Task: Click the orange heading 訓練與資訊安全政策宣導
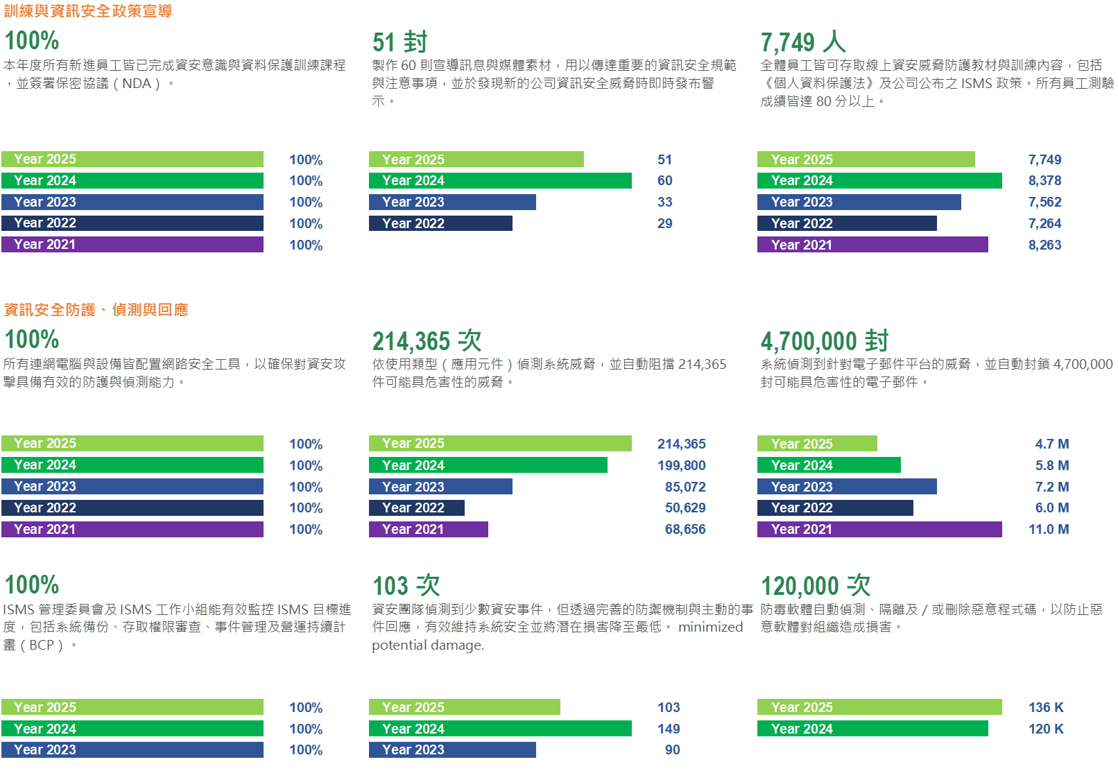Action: [x=88, y=11]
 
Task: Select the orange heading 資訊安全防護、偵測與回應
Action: [x=96, y=309]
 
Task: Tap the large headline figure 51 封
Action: [x=399, y=42]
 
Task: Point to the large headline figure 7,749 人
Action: [x=802, y=42]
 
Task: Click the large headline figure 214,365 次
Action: [x=427, y=340]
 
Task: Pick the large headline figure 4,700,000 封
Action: [x=824, y=340]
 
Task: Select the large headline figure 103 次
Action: [x=406, y=585]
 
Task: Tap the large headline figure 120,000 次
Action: [x=816, y=585]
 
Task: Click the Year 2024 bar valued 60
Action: [x=500, y=181]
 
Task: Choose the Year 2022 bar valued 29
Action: [x=440, y=223]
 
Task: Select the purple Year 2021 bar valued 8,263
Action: [x=872, y=245]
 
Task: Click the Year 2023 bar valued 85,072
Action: [x=440, y=487]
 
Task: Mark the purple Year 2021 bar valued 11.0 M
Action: [x=879, y=529]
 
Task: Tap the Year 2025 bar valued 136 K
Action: [x=879, y=707]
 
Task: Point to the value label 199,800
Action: [x=681, y=465]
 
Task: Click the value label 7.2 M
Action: [x=1051, y=487]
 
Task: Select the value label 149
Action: [x=669, y=729]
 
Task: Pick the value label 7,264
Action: [x=1044, y=223]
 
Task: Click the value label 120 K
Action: [x=1046, y=729]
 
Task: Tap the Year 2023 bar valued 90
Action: [x=452, y=749]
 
